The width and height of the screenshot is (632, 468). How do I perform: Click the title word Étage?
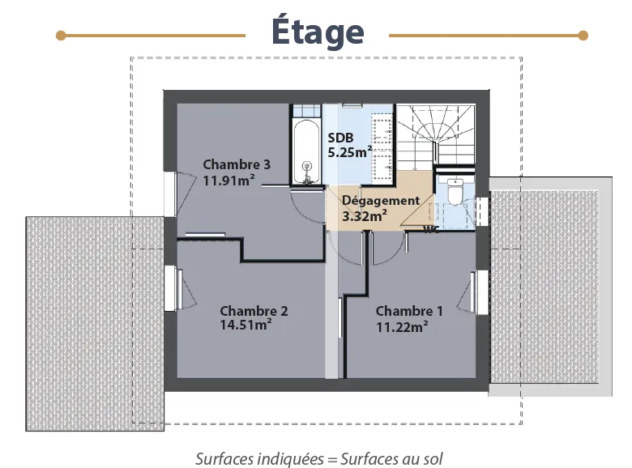pyautogui.click(x=318, y=32)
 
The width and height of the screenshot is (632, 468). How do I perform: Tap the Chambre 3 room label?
pyautogui.click(x=237, y=164)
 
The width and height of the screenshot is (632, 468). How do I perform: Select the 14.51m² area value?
pyautogui.click(x=246, y=325)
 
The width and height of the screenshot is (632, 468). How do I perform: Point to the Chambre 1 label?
pyautogui.click(x=409, y=311)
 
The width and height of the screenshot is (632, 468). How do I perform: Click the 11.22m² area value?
pyautogui.click(x=402, y=327)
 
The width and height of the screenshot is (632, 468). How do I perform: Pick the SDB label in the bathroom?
pyautogui.click(x=340, y=138)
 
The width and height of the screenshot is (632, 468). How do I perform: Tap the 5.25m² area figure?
pyautogui.click(x=349, y=152)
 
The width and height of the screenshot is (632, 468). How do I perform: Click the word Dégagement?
pyautogui.click(x=381, y=201)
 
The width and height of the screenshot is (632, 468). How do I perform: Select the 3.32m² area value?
pyautogui.click(x=365, y=216)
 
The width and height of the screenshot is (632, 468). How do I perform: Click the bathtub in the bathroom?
pyautogui.click(x=307, y=152)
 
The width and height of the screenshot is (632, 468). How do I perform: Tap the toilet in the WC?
pyautogui.click(x=455, y=191)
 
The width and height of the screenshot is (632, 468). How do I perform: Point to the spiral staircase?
pyautogui.click(x=435, y=135)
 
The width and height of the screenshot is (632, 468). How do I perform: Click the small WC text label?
pyautogui.click(x=431, y=230)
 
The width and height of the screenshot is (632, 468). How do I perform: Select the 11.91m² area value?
pyautogui.click(x=228, y=180)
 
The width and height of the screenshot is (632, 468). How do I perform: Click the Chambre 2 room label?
pyautogui.click(x=254, y=311)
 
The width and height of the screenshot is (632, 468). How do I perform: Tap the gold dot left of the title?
pyautogui.click(x=61, y=36)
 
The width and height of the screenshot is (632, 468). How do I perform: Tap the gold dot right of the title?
pyautogui.click(x=583, y=36)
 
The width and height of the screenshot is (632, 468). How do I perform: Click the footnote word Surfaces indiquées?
pyautogui.click(x=259, y=459)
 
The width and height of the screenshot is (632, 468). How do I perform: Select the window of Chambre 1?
pyautogui.click(x=481, y=293)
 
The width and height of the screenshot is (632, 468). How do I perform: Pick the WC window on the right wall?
pyautogui.click(x=482, y=211)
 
